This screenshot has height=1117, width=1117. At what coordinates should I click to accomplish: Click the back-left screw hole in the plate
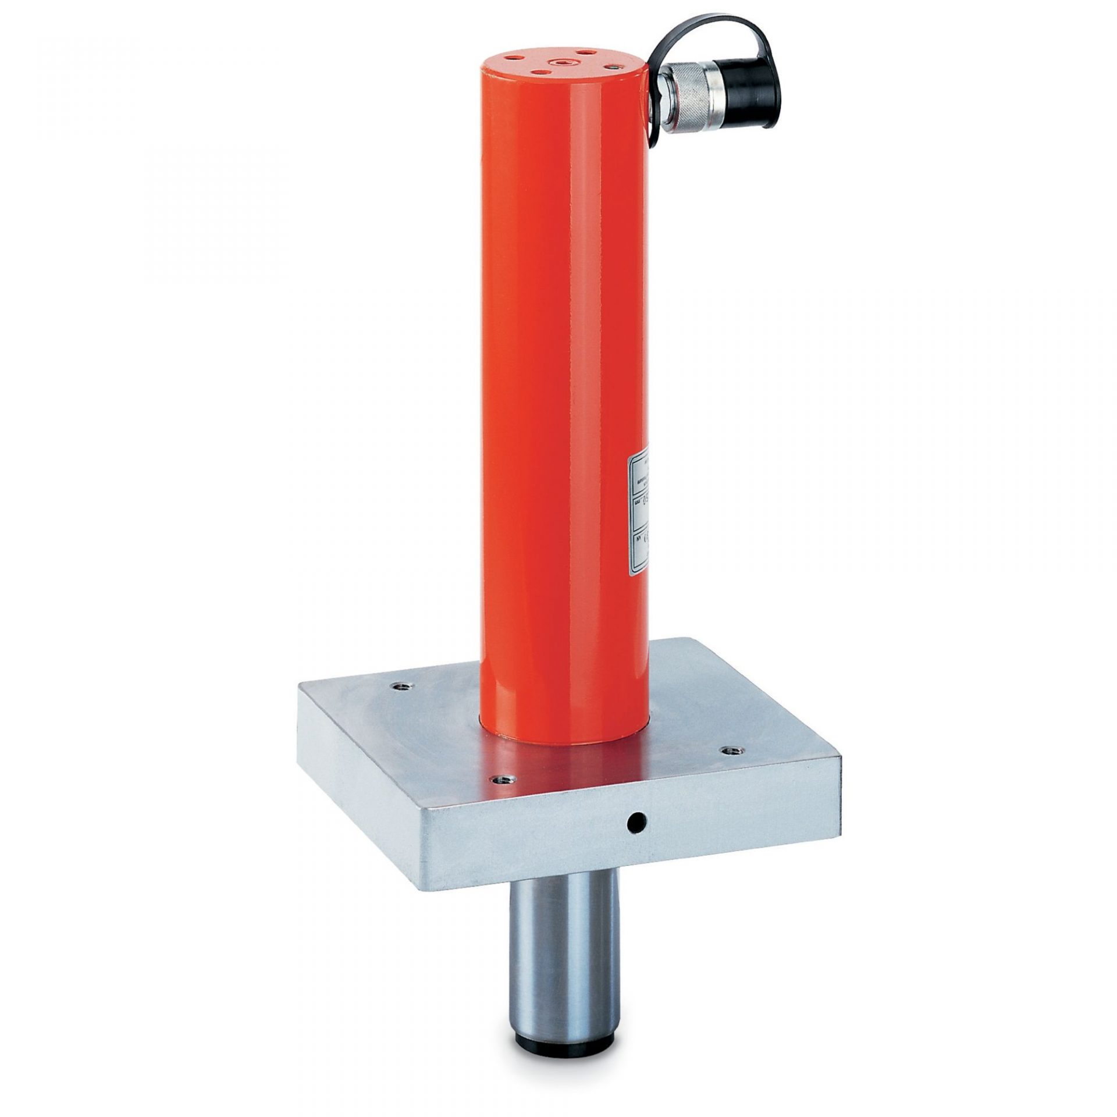pos(401,687)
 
